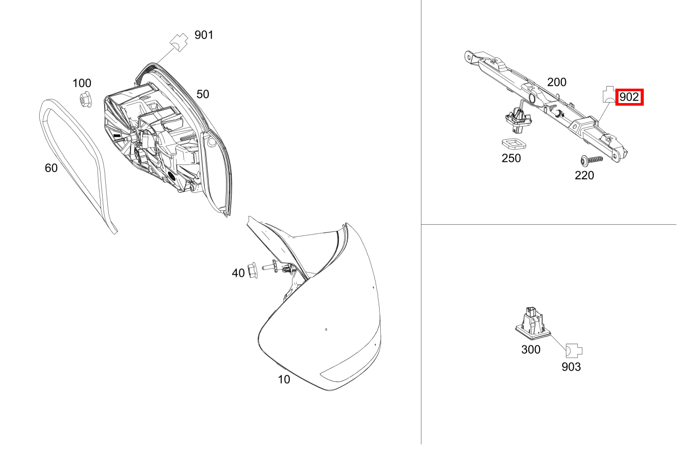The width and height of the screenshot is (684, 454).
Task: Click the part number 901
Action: click(x=204, y=35)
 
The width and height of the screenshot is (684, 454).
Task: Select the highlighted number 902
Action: click(x=629, y=97)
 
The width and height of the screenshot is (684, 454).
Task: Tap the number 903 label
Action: click(x=571, y=367)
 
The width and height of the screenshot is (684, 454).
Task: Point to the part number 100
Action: click(x=82, y=83)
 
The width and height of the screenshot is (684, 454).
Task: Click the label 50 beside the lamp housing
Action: click(x=203, y=94)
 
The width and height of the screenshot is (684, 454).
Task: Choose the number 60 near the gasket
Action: click(x=51, y=168)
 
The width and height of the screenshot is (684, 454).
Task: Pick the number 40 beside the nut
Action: click(x=238, y=273)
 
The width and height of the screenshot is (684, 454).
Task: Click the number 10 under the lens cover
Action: click(x=284, y=379)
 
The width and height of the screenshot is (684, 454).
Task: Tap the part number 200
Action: click(x=557, y=82)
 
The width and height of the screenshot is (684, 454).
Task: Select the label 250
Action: click(x=511, y=158)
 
